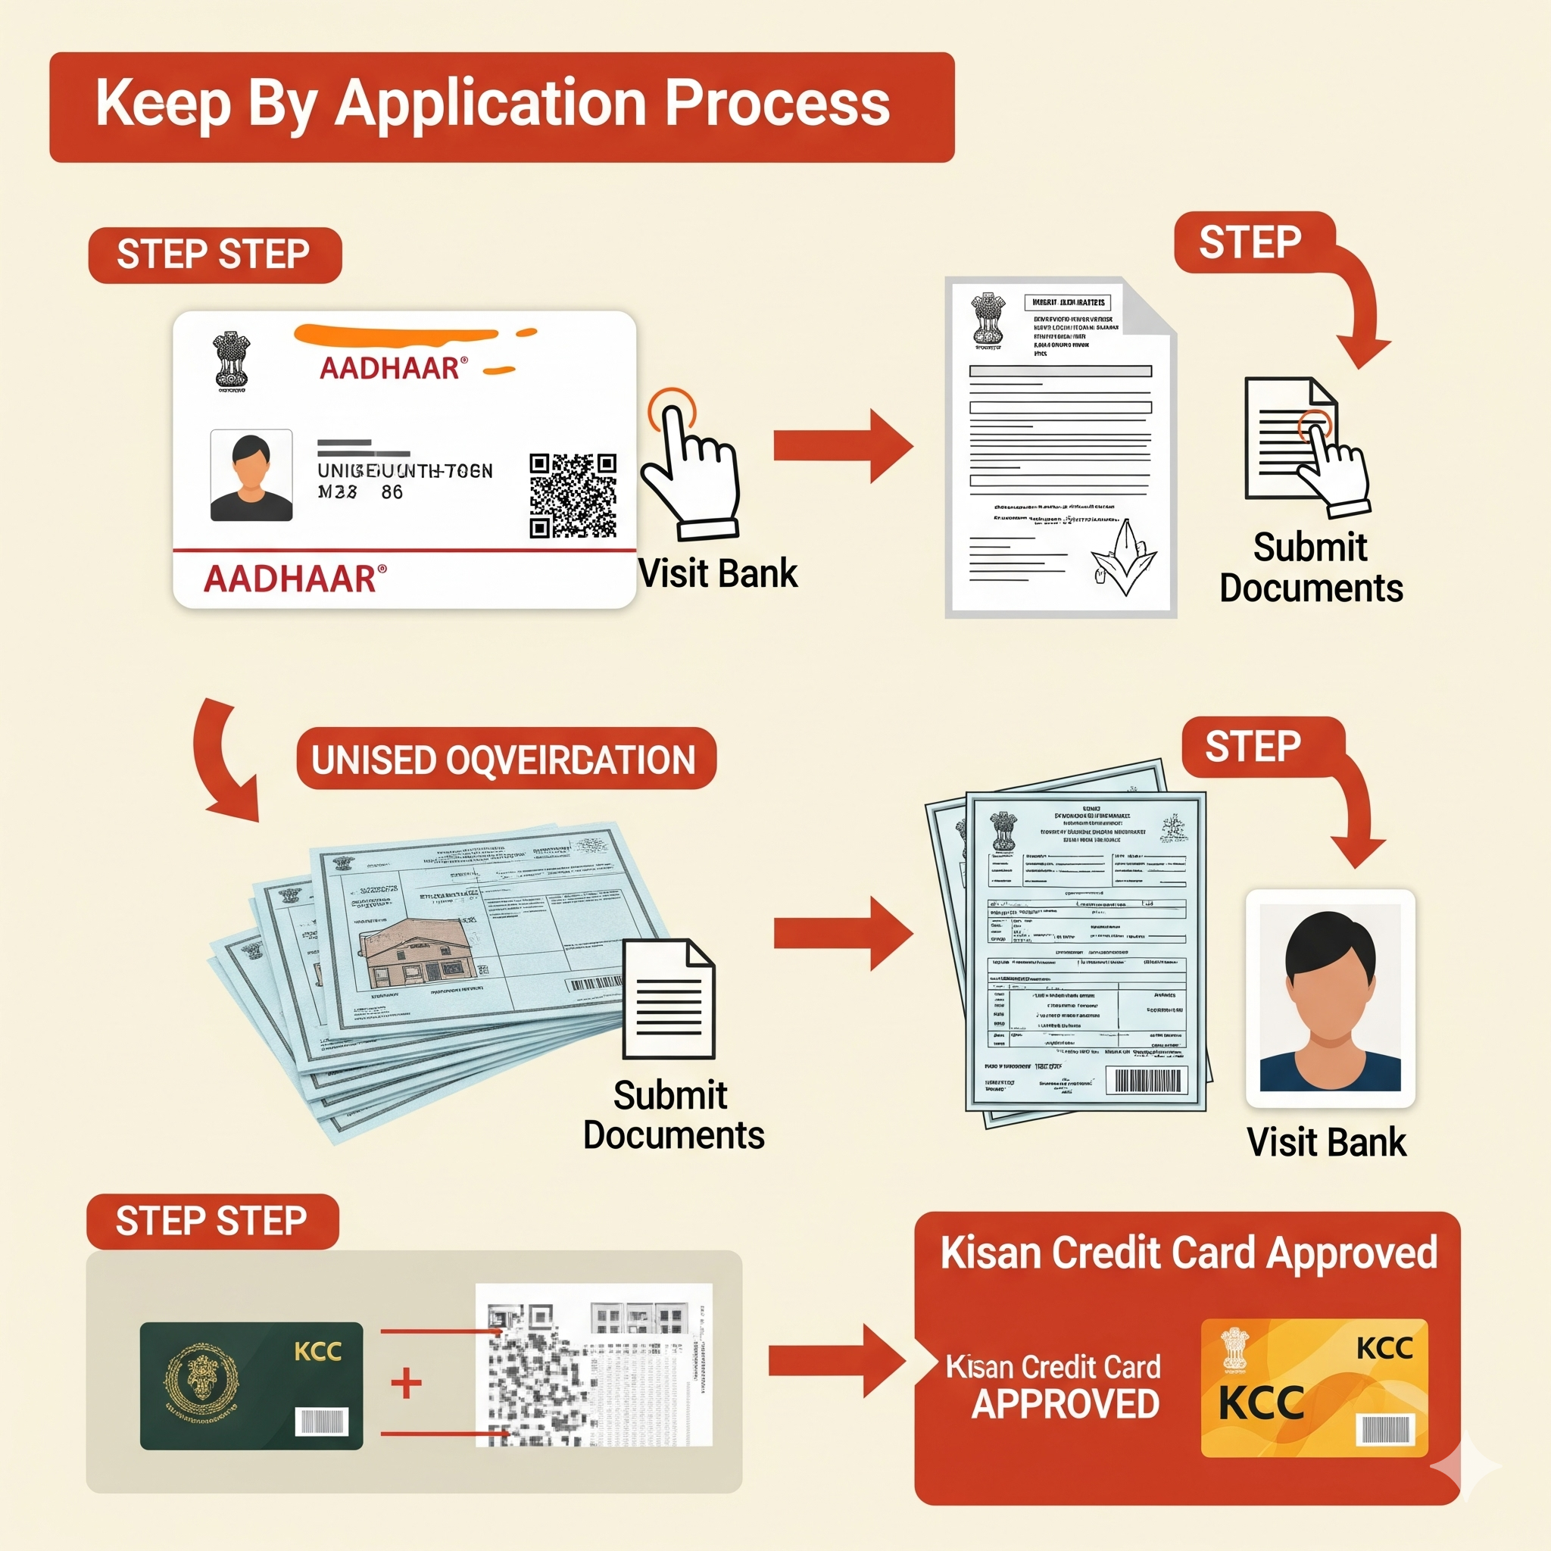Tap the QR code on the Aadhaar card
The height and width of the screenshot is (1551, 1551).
[x=573, y=495]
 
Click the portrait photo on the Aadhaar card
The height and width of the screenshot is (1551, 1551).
[x=251, y=476]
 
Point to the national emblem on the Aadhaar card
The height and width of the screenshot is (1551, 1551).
[x=231, y=361]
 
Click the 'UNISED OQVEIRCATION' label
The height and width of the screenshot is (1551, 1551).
[x=505, y=760]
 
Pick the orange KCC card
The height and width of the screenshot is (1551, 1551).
[x=1314, y=1387]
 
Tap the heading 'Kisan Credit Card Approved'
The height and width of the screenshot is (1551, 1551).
[x=1188, y=1253]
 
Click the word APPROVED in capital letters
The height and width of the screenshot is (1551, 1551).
[x=1066, y=1403]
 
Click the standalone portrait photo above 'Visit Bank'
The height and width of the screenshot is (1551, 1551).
[x=1330, y=998]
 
